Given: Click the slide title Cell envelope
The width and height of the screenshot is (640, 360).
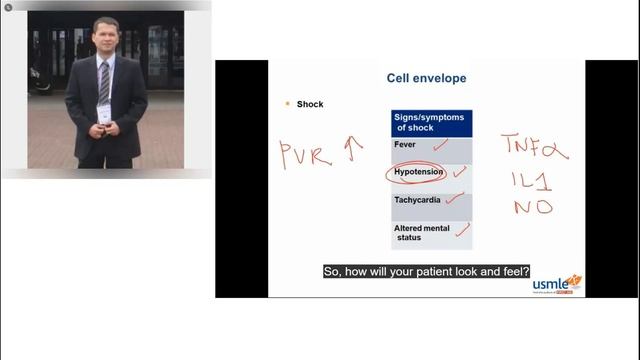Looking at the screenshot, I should point(426,78).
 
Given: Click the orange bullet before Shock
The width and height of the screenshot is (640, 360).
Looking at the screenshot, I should point(287,103).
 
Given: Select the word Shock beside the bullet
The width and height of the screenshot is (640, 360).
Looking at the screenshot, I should point(310,104).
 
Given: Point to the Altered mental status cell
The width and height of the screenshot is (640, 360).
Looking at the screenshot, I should point(423,233).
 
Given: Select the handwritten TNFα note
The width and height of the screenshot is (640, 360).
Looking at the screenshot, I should point(535,149).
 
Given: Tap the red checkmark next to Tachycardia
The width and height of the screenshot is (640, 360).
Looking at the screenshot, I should point(456,198).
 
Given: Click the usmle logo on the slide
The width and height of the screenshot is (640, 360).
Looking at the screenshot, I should point(556,284).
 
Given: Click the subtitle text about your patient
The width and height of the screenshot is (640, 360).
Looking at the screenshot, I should point(426,271).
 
